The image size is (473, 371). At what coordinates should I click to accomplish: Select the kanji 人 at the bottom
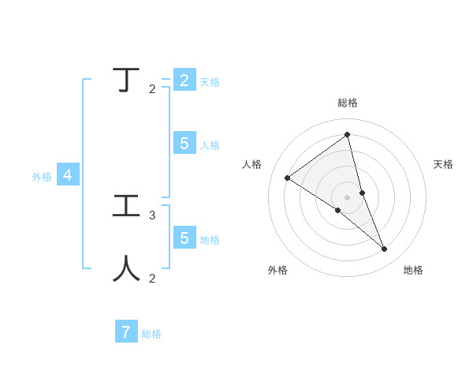pyautogui.click(x=127, y=268)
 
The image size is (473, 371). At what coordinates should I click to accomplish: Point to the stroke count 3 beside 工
pyautogui.click(x=152, y=215)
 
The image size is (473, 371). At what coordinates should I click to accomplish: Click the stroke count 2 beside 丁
pyautogui.click(x=152, y=88)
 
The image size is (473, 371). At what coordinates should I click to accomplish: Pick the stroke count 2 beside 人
pyautogui.click(x=152, y=278)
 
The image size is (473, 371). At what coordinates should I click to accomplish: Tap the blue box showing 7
pyautogui.click(x=126, y=332)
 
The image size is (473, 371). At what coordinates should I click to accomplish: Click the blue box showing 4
pyautogui.click(x=68, y=175)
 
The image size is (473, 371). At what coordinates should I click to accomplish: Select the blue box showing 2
pyautogui.click(x=184, y=81)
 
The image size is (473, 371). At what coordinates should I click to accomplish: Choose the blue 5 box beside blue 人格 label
pyautogui.click(x=184, y=143)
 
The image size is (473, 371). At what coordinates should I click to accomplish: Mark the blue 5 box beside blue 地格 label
pyautogui.click(x=184, y=238)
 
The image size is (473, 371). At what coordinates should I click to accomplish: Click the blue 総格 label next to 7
pyautogui.click(x=151, y=334)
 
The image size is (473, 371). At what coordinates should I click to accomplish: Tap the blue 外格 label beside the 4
pyautogui.click(x=42, y=177)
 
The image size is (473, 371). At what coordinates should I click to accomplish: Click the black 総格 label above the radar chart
pyautogui.click(x=348, y=103)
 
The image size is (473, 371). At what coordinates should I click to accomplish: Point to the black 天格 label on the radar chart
pyautogui.click(x=443, y=164)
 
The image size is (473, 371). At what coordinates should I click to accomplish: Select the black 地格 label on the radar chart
pyautogui.click(x=413, y=270)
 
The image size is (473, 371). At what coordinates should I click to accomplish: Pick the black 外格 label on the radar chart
pyautogui.click(x=277, y=270)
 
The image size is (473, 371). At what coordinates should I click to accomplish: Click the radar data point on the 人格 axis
pyautogui.click(x=288, y=178)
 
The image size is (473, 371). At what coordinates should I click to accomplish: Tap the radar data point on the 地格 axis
pyautogui.click(x=385, y=249)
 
